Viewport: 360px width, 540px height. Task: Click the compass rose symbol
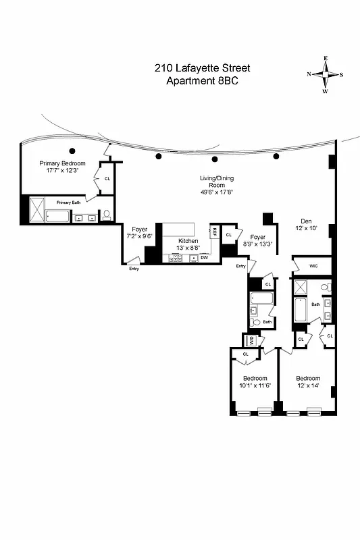325,75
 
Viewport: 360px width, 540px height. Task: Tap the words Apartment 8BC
202,80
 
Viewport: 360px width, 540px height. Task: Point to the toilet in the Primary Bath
107,216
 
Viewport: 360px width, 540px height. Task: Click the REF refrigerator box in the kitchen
214,232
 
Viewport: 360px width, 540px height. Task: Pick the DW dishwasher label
204,258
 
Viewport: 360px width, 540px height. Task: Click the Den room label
307,225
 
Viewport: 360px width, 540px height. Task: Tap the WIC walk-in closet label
313,267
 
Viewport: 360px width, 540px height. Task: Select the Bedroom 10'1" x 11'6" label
255,382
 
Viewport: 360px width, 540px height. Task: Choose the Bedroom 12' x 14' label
308,382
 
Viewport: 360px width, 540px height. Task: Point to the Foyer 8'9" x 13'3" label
258,241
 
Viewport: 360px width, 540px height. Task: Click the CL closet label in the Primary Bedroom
107,178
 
